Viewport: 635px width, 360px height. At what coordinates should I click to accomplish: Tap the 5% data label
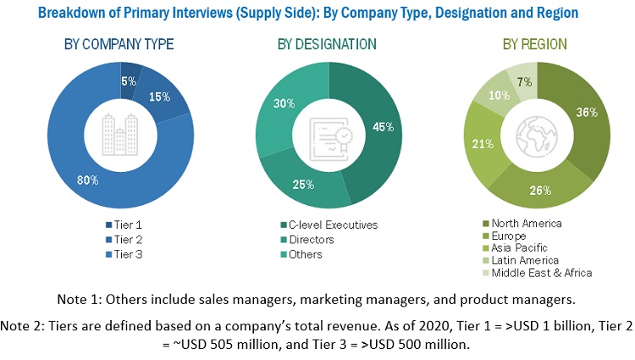[x=129, y=82]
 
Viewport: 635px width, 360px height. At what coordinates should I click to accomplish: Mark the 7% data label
[x=524, y=81]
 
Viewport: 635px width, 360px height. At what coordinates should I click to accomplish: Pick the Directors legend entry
[x=310, y=239]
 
